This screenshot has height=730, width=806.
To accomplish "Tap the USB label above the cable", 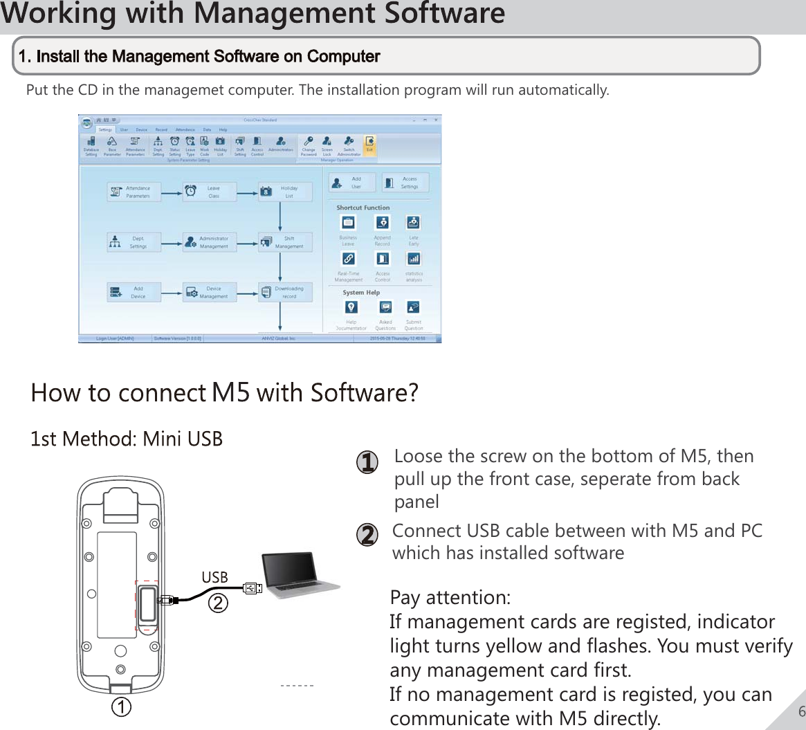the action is pos(214,578).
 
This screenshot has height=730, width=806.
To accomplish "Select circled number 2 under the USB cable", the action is pos(218,603).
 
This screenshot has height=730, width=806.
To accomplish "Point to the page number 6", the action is pos(801,712).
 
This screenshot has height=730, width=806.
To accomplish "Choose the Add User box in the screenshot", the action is pos(351,183).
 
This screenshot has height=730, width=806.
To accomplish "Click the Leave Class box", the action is pos(210,192).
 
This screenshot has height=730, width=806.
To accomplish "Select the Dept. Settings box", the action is pos(134,242).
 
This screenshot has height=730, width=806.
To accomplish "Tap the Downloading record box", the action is pos(285,292).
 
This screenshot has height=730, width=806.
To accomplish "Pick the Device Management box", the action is pos(210,292).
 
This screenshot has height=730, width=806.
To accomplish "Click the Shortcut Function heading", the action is pos(363,208).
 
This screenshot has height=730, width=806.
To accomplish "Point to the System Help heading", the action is pos(361,293).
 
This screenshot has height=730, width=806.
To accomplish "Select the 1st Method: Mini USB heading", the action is pos(127,439).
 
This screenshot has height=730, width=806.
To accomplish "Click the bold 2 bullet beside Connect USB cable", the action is pos(367,536).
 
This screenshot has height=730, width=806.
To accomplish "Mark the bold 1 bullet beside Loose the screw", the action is pos(367,462).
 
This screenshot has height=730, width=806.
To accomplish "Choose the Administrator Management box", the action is pos(210,242).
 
